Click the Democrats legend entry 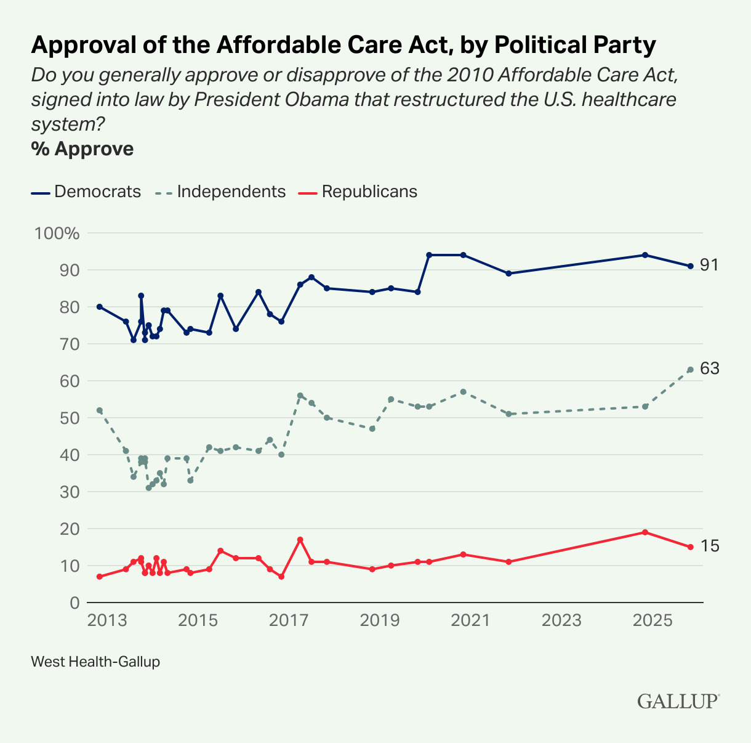86,192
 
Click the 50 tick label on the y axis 69,418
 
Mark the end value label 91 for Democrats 710,266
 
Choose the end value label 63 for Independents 710,369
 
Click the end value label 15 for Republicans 710,546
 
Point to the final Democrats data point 691,266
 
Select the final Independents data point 691,370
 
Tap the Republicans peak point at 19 645,532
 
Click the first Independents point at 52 100,410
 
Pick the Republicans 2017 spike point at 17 300,540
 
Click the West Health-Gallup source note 95,662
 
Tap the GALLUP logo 678,702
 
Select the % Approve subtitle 82,149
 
